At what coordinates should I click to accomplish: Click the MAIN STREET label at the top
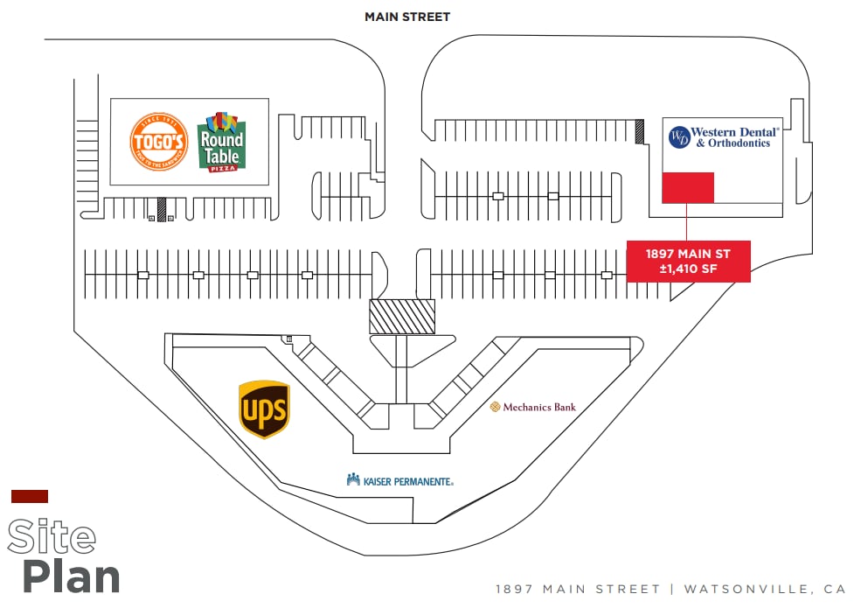click(407, 17)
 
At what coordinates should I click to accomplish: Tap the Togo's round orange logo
click(159, 141)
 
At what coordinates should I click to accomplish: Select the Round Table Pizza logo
click(222, 142)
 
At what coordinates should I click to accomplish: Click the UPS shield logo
click(264, 409)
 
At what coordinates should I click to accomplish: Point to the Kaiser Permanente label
click(400, 480)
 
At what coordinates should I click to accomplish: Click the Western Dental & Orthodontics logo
click(722, 137)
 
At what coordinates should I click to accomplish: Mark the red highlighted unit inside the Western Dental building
click(687, 187)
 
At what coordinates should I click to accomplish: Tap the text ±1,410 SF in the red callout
click(688, 269)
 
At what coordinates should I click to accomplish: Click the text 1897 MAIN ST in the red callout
click(688, 254)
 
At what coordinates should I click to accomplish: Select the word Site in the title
click(52, 536)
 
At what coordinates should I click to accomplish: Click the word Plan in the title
click(71, 577)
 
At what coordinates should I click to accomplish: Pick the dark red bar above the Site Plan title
click(30, 496)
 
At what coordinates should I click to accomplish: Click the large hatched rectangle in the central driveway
click(402, 316)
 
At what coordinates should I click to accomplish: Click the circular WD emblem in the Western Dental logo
click(679, 137)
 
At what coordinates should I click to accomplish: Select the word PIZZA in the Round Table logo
click(221, 167)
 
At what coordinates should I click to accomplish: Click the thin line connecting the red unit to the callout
click(687, 221)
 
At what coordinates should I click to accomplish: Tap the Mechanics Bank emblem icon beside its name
click(495, 407)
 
